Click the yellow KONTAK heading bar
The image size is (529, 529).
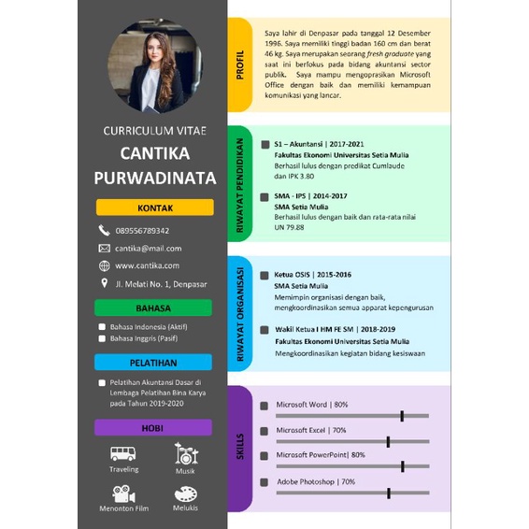(x=154, y=207)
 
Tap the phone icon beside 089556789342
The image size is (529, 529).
(x=104, y=230)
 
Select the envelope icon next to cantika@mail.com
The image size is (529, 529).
(x=104, y=249)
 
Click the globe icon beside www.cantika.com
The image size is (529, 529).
(x=104, y=265)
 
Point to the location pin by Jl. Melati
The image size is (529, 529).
(x=104, y=283)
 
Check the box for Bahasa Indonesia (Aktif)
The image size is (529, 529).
(x=102, y=327)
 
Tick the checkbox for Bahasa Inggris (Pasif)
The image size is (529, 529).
(x=102, y=339)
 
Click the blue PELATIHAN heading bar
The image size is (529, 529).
(x=154, y=363)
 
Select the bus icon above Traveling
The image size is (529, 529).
(x=123, y=453)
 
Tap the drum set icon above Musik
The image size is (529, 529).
(x=185, y=453)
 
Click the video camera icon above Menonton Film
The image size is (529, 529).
(x=123, y=493)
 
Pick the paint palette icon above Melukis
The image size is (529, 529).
(x=185, y=493)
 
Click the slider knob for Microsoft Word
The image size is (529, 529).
(x=402, y=415)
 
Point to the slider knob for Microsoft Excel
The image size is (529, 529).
(x=388, y=440)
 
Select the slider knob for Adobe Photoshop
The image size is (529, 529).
(x=388, y=492)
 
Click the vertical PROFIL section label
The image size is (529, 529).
(x=240, y=64)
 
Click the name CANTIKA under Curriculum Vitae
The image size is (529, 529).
(x=154, y=153)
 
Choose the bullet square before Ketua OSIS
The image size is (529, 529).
(x=265, y=275)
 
